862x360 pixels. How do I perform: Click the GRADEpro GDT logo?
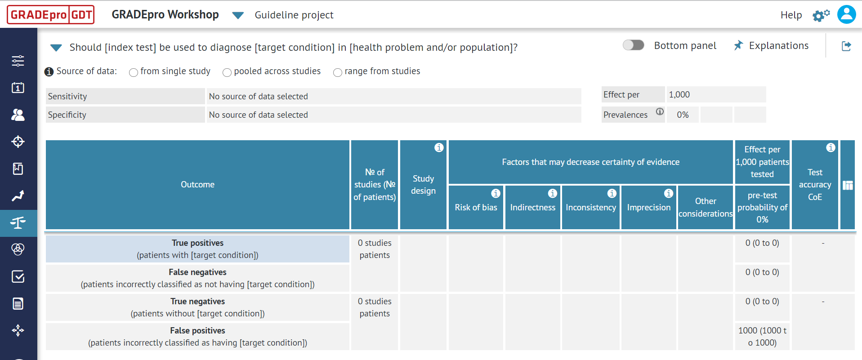tap(50, 15)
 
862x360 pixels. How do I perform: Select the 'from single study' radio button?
tap(134, 72)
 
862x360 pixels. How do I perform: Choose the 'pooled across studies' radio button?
tap(227, 72)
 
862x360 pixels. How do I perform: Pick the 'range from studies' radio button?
tap(338, 72)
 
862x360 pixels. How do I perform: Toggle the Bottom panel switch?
tap(633, 45)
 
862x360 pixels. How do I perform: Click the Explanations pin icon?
tap(738, 45)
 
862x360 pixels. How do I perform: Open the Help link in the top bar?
tap(791, 15)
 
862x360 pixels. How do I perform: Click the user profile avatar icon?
tap(846, 14)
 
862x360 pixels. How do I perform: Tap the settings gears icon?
tap(821, 16)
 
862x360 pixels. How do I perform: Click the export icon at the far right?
tap(846, 46)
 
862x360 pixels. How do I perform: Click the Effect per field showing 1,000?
tap(716, 95)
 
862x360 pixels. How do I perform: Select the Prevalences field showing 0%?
tap(683, 115)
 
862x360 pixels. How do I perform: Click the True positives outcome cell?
tap(197, 249)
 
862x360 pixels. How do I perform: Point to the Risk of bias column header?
tap(476, 208)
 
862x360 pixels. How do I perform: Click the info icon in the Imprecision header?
tap(669, 193)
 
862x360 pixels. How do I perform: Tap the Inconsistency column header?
tap(590, 208)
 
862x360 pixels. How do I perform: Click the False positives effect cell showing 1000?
tap(762, 337)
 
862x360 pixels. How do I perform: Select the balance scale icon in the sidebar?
tap(18, 223)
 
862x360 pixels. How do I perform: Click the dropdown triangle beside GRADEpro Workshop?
tap(238, 16)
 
